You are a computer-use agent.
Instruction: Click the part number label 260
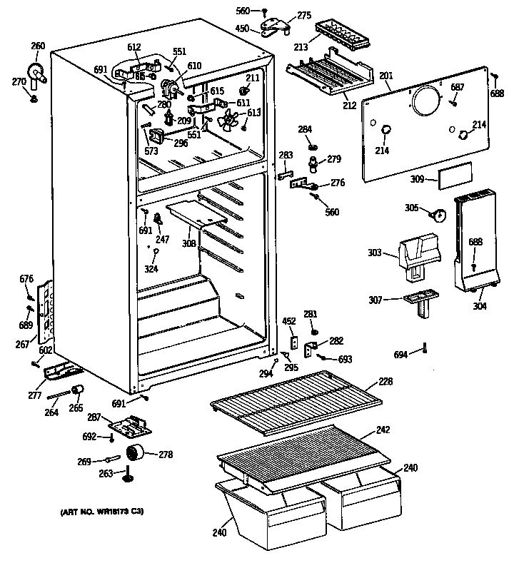(38, 47)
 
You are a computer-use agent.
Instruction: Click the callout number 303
(377, 253)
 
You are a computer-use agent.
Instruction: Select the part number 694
(402, 355)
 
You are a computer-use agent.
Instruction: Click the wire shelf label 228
(385, 382)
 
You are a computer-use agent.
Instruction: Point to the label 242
(384, 431)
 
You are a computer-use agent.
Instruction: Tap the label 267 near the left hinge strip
(23, 345)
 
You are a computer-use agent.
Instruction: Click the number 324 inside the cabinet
(151, 268)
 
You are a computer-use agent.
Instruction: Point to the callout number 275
(304, 16)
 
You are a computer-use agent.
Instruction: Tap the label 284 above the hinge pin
(305, 129)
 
